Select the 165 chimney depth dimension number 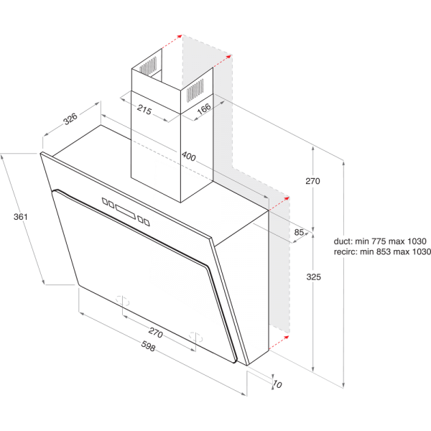click(x=203, y=108)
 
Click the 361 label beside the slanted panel click(x=22, y=216)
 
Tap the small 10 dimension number click(x=279, y=385)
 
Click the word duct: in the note click(x=345, y=241)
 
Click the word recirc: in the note click(x=347, y=252)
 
